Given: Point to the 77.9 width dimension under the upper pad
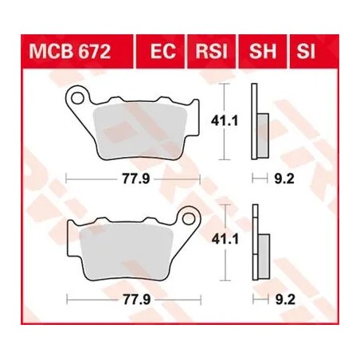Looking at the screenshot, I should pos(131,178).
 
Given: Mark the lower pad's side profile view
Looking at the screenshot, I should pos(256,244).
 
